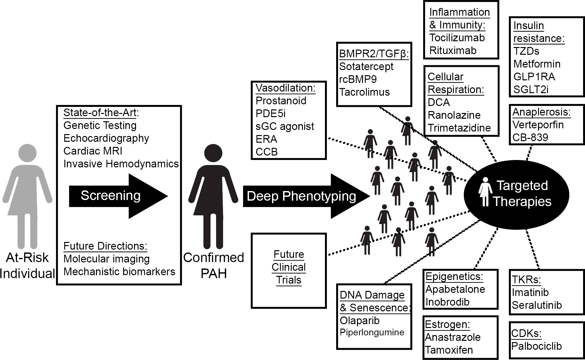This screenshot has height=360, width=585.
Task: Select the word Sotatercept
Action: point(366,67)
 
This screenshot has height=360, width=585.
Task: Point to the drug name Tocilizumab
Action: point(457,38)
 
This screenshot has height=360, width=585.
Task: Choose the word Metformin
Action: point(537,64)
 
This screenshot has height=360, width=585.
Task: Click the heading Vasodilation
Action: point(285,88)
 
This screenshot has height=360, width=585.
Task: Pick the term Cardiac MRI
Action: point(93,151)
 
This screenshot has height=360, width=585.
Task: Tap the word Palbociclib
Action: point(536,346)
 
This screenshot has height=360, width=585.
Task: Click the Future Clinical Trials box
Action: point(289,270)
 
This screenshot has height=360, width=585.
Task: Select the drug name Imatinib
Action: point(530,292)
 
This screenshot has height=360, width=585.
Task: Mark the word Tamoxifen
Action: point(449,350)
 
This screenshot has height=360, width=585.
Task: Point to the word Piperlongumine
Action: point(372,332)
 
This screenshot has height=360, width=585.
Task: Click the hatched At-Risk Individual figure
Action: point(28,195)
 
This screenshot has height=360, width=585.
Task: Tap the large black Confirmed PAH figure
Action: point(213,195)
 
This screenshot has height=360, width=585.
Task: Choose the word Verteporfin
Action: point(538,125)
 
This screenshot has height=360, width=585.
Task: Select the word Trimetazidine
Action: point(459,128)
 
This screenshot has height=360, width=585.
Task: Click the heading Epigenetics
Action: point(454,276)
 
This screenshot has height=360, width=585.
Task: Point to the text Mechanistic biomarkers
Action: point(119,272)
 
